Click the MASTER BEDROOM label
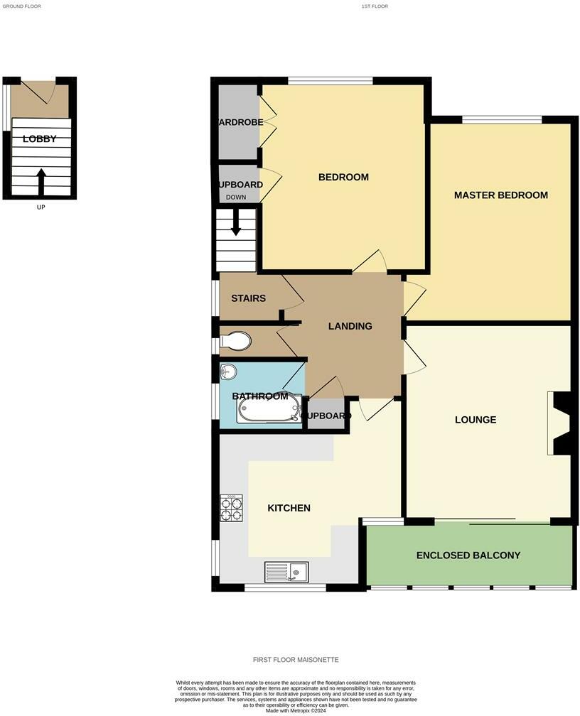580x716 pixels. point(500,195)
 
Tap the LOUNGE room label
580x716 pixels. point(476,420)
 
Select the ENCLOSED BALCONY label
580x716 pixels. point(468,555)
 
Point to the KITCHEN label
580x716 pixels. point(289,508)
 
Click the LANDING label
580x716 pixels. point(350,327)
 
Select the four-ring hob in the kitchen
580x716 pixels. point(232,508)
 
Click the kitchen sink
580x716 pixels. point(286,570)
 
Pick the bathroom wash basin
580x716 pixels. point(227,371)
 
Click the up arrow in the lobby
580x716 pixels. point(41,181)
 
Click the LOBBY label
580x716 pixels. point(39,139)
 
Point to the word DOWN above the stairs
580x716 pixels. point(235,197)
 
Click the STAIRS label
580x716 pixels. point(248,298)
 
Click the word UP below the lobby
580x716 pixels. point(40,207)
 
